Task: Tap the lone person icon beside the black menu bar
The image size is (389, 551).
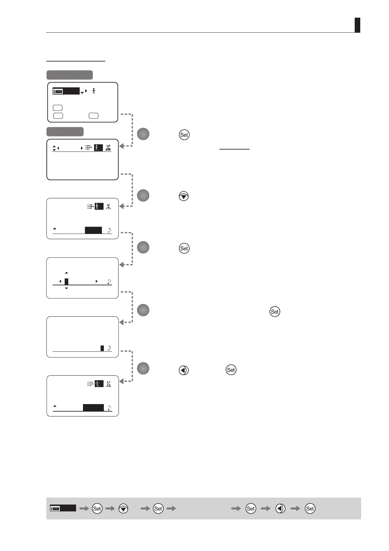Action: tap(94, 91)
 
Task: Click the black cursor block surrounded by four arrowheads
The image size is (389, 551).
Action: tap(66, 281)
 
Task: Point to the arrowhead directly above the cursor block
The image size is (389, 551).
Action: tap(66, 273)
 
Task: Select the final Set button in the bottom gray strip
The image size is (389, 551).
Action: tap(310, 508)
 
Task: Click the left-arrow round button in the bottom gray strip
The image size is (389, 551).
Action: tap(280, 508)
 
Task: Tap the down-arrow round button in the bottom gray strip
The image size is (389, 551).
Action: tap(123, 508)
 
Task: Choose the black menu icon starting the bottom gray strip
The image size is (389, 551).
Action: tap(63, 508)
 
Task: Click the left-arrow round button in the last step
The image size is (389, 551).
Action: tap(184, 370)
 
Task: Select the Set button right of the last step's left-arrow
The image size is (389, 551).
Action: tap(231, 370)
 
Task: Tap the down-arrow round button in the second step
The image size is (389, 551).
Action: tap(184, 196)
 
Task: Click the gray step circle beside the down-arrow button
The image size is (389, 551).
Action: tap(143, 195)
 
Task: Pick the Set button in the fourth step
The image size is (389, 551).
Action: tap(275, 311)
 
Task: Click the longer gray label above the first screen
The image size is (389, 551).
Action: tap(70, 75)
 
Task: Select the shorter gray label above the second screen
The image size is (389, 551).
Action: tap(65, 132)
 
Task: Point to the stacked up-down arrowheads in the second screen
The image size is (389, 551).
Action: tap(54, 148)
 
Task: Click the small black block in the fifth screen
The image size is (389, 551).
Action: tap(102, 348)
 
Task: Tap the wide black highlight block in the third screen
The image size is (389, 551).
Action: tap(93, 230)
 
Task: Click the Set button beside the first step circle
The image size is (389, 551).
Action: tap(184, 135)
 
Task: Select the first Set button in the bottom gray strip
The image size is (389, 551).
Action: tap(97, 508)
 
